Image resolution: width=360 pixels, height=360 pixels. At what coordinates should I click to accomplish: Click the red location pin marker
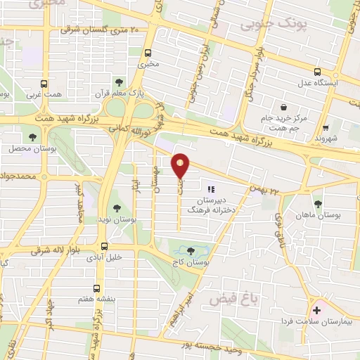[x=181, y=166]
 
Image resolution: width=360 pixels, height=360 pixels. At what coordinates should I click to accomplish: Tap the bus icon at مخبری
[x=148, y=53]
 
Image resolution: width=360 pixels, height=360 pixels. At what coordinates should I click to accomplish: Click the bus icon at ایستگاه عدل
[x=318, y=72]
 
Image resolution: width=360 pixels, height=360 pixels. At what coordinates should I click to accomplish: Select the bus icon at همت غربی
[x=37, y=80]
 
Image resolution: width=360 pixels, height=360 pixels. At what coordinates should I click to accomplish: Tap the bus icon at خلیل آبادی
[x=104, y=246]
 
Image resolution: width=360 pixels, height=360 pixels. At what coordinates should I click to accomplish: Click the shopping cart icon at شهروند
[x=326, y=128]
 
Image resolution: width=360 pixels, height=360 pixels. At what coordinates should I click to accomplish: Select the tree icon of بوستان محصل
[x=32, y=137]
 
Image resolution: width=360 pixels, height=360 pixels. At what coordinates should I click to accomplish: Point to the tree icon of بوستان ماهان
[x=318, y=204]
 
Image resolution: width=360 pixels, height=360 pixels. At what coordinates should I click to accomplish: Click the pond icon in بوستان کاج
[x=191, y=250]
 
